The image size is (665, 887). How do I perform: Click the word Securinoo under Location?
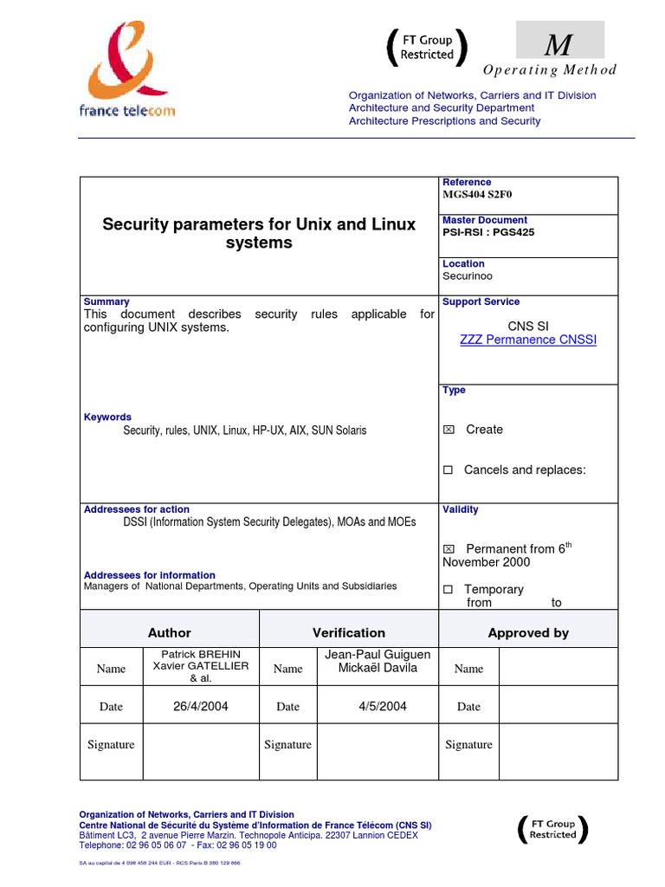[x=468, y=276]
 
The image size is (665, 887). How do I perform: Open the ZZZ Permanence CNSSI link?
[x=528, y=340]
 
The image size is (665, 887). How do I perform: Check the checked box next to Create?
[x=449, y=430]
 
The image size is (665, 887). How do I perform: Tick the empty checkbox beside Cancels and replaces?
[x=448, y=470]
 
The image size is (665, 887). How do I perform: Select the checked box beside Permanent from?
[x=449, y=549]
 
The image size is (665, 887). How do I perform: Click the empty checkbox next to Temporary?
[x=448, y=590]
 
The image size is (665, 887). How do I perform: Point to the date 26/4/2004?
[x=201, y=706]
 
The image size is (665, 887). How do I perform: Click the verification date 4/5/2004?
[x=383, y=706]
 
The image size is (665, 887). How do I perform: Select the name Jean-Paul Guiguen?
[x=377, y=654]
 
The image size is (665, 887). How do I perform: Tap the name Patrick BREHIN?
[x=201, y=653]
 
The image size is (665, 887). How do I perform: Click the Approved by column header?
[x=528, y=632]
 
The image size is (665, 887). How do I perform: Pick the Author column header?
[x=170, y=632]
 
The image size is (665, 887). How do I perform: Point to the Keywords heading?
[x=107, y=417]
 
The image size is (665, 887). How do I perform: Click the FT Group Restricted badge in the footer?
[x=552, y=830]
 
